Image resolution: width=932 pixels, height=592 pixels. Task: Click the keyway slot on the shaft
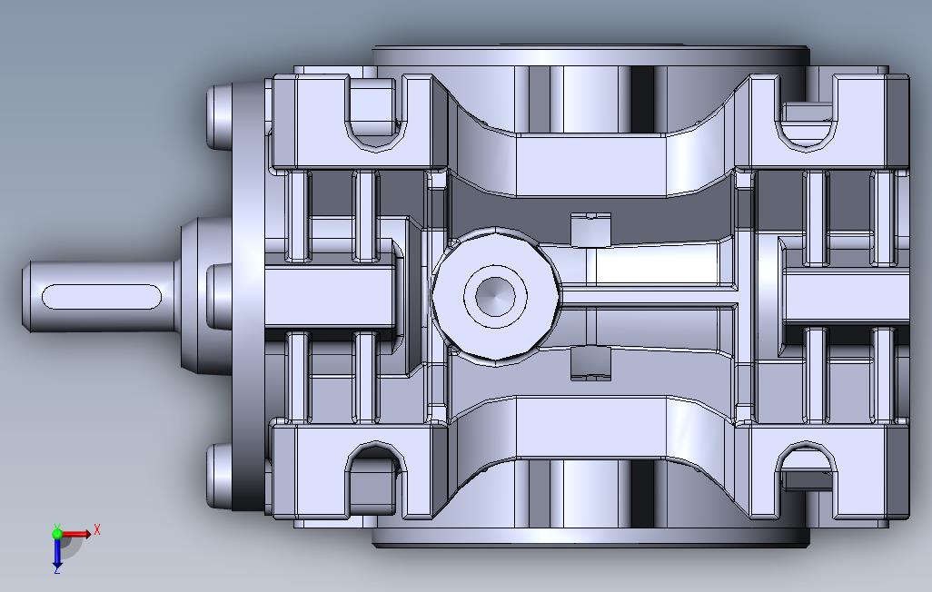(x=102, y=297)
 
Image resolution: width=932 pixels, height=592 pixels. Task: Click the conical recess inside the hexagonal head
(x=494, y=295)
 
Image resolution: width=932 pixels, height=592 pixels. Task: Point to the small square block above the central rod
(x=590, y=229)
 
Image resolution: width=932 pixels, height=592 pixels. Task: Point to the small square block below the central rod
(x=590, y=363)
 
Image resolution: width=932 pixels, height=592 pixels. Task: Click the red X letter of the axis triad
(x=97, y=529)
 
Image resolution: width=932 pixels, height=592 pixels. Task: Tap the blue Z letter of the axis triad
(x=57, y=569)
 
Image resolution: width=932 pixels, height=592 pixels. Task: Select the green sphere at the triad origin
(x=57, y=534)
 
